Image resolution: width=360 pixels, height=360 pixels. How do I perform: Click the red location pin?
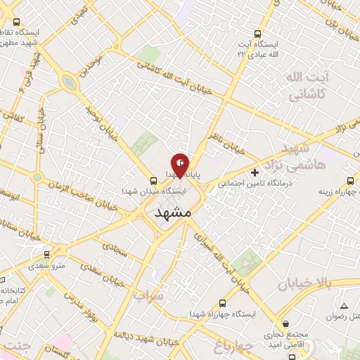tap(181, 165)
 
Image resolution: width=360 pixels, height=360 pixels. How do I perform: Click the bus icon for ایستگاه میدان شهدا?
tap(154, 180)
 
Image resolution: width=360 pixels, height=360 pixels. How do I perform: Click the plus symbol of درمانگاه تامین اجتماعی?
tap(255, 172)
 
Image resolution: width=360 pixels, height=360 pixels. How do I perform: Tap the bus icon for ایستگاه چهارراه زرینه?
tap(353, 179)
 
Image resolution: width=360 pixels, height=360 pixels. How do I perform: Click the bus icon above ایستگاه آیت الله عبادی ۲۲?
tap(257, 33)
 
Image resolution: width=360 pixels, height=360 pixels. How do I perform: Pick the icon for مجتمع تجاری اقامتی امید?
tap(284, 316)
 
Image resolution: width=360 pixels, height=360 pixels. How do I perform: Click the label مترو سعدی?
tap(46, 266)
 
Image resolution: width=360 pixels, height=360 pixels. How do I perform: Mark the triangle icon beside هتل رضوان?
tap(344, 306)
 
